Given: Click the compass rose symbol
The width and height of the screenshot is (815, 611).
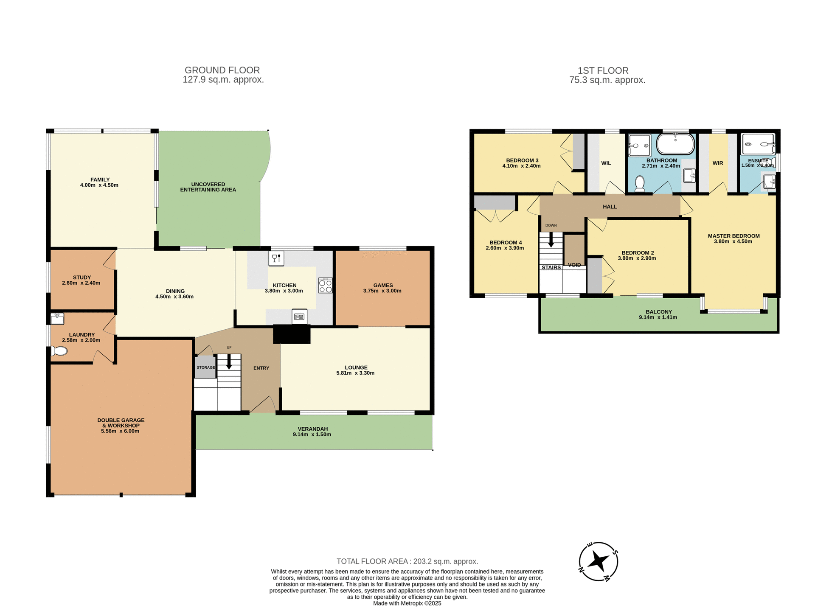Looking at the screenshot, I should tap(598, 561).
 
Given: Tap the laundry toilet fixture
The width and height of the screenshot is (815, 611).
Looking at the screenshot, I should tap(59, 351).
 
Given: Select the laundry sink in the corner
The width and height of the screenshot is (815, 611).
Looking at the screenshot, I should tap(57, 318).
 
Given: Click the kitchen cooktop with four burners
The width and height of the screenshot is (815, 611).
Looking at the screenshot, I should tap(326, 286).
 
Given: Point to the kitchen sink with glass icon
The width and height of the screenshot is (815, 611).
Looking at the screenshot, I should tap(276, 258).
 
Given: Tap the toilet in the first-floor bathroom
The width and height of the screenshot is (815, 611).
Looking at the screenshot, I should tap(639, 183).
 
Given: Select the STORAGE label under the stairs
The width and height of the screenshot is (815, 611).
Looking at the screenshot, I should tap(206, 367).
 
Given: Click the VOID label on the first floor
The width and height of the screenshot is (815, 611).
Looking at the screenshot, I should tap(574, 265).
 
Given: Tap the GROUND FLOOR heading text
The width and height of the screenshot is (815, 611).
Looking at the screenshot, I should tap(222, 70).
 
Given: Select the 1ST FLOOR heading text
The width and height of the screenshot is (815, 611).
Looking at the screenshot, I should tap(603, 70).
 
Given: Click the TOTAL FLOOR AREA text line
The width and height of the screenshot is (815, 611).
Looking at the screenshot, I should tap(407, 561).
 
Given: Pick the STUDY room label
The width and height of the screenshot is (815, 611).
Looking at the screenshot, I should tap(82, 277).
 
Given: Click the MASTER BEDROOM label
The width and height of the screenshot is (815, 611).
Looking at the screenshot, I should tap(733, 236).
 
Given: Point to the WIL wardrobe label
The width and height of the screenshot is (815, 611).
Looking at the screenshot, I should tap(606, 163).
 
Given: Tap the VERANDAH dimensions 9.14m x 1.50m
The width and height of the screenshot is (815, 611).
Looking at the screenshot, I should tap(312, 434).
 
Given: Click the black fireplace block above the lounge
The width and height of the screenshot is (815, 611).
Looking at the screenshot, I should tap(292, 334).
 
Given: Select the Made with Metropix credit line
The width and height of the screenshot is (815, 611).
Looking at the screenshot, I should tap(407, 603).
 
